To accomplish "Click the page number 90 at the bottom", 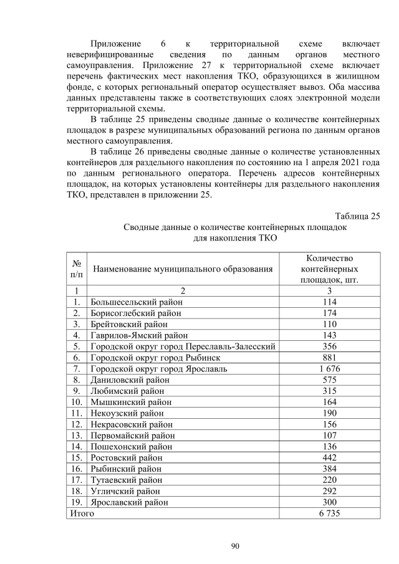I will click(235, 546).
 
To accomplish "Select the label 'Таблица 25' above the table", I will click(357, 216).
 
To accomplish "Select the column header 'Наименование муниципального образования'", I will click(183, 269).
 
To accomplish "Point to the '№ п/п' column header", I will click(77, 269).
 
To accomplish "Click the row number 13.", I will click(77, 435).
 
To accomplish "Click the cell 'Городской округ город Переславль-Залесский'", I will click(183, 347).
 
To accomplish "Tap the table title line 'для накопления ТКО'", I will click(234, 238).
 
